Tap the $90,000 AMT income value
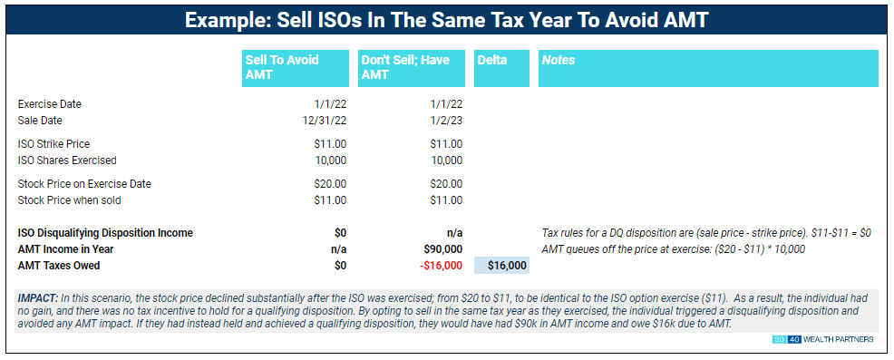[x=442, y=249]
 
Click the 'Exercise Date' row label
[x=50, y=104]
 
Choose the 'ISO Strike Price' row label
[x=54, y=143]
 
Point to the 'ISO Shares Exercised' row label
[x=67, y=160]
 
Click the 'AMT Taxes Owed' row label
[x=59, y=266]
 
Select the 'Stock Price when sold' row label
[x=70, y=199]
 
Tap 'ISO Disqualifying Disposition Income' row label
[x=105, y=233]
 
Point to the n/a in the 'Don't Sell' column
[x=451, y=233]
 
